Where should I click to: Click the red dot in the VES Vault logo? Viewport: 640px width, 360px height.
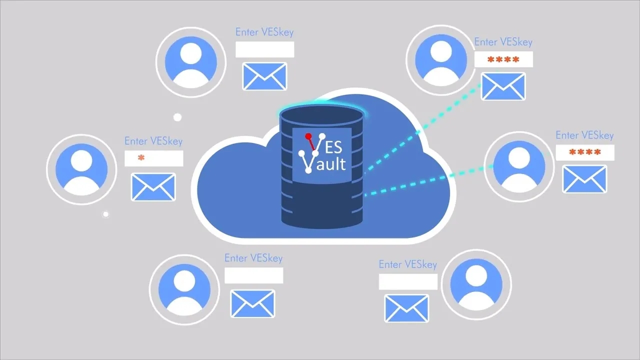[308, 136]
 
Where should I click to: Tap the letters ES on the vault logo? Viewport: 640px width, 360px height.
[332, 146]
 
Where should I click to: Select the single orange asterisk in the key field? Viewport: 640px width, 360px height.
[141, 158]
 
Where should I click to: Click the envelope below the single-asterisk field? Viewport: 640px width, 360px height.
[153, 187]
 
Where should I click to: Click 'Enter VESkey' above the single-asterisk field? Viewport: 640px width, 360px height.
[153, 141]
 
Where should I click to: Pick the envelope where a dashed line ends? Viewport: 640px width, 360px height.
[503, 86]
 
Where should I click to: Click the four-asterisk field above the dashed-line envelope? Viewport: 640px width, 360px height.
[503, 59]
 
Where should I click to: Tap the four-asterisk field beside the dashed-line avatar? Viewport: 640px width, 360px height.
[584, 152]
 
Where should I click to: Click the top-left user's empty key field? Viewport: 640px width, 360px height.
[264, 49]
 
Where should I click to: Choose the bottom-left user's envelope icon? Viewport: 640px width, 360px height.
[252, 303]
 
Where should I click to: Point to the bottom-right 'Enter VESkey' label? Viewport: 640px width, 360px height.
[407, 264]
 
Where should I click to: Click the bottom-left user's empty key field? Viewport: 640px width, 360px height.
[253, 275]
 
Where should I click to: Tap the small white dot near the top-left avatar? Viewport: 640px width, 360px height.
[177, 117]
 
